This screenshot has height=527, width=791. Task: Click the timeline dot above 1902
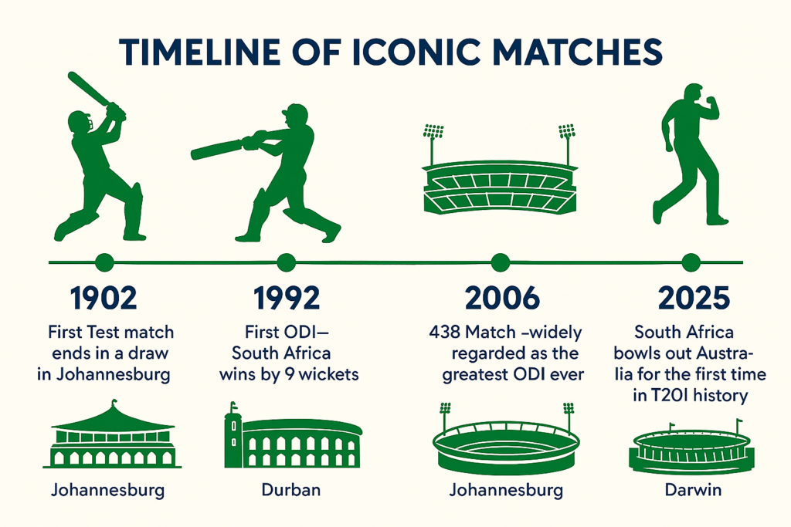104,262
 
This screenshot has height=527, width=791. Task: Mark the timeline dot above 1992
286,262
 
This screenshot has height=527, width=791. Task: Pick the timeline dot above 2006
500,262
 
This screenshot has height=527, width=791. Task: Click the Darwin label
689,490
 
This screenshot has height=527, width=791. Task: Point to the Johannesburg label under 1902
107,490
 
